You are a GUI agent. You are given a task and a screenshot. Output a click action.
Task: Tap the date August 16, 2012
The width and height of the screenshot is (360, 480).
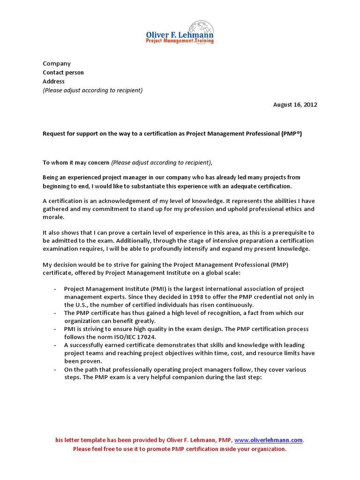coord(295,105)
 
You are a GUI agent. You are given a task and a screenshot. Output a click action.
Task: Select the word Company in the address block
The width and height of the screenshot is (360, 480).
coord(57,63)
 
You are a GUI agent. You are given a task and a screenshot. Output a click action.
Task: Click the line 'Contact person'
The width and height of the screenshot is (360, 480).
coord(63,72)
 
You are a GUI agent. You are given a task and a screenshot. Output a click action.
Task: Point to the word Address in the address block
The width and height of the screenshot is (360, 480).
coord(54,81)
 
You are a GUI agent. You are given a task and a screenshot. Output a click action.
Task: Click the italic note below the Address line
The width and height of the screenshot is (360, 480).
coord(93,90)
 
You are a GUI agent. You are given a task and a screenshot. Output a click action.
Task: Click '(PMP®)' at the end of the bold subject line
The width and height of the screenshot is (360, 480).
coord(292,134)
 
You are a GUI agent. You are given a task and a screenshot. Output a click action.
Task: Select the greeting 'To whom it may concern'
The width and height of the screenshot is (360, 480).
coord(76,163)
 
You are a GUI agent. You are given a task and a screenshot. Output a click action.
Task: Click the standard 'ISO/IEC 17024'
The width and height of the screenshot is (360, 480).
coord(139,337)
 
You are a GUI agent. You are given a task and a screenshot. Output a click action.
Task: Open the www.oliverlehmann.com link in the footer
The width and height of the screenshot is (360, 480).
coord(269,440)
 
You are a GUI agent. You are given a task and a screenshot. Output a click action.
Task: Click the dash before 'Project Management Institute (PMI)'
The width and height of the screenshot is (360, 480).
coord(55,289)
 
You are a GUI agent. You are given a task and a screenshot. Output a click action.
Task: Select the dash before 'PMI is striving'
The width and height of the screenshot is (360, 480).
coord(55,329)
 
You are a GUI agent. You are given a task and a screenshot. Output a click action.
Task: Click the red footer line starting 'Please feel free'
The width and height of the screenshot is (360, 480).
coord(180,449)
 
